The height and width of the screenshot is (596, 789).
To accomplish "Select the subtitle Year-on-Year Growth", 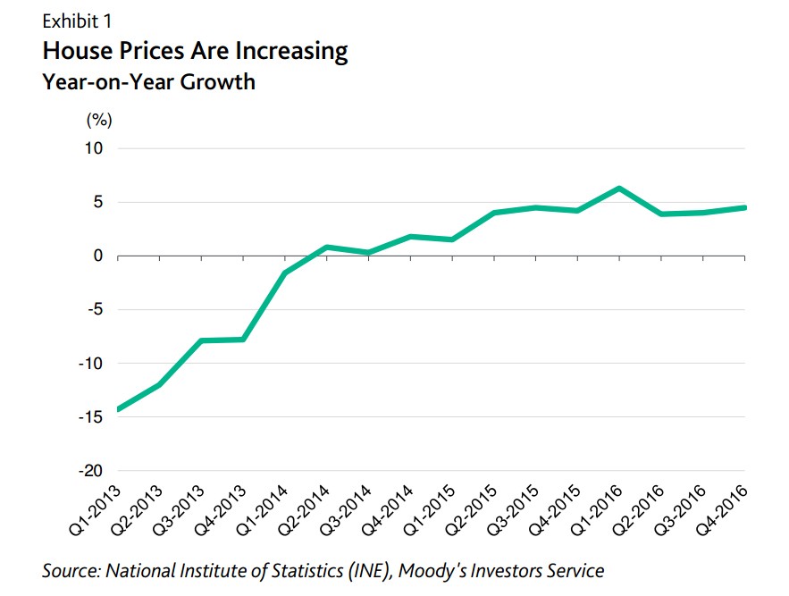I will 148,82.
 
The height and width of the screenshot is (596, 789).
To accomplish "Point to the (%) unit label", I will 98,120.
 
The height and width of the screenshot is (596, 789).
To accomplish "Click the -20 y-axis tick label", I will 93,471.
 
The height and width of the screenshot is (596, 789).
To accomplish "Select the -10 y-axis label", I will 93,364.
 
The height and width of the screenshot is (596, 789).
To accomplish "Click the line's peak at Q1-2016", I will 618,189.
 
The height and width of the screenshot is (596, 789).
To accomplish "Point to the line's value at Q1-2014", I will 284,273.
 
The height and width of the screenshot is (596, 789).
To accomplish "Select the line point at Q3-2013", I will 201,340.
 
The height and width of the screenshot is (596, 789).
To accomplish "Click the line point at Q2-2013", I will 159,385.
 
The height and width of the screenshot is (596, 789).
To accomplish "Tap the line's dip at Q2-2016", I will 660,214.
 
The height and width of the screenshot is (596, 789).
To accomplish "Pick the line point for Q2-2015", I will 493,213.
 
